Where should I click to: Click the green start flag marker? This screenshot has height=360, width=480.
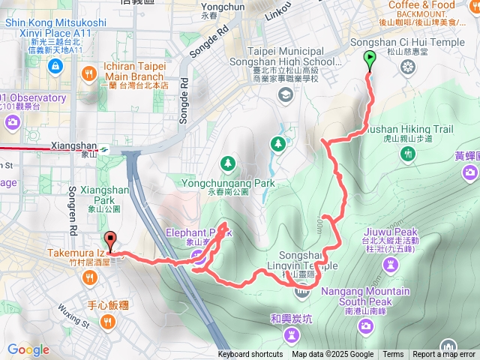click(x=370, y=59)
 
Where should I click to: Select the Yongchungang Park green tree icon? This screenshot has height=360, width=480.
click(x=228, y=163)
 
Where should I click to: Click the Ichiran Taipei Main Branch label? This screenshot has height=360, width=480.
click(x=132, y=71)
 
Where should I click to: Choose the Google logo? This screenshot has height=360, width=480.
click(x=28, y=349)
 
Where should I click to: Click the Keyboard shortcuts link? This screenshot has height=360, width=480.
click(x=250, y=355)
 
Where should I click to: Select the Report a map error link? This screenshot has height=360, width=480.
click(x=445, y=355)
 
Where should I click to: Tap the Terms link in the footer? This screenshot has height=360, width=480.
click(x=393, y=355)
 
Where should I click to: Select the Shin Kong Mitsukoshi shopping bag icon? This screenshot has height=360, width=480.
click(x=54, y=67)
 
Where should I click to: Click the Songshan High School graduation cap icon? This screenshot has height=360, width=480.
click(x=285, y=94)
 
